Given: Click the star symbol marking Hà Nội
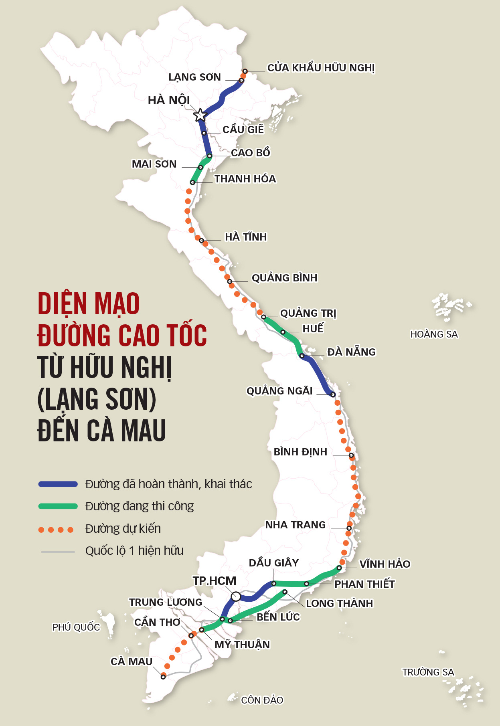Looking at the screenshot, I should click(x=200, y=115).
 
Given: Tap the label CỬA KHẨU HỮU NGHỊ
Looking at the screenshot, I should click(x=321, y=68).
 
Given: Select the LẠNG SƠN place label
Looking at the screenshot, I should click(x=194, y=77).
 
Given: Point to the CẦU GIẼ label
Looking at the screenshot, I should click(x=243, y=129).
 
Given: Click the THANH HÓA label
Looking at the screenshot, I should click(x=245, y=179).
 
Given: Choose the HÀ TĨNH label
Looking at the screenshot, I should click(x=246, y=237).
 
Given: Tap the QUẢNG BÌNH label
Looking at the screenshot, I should click(x=284, y=278).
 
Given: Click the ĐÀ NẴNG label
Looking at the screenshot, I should click(x=351, y=352).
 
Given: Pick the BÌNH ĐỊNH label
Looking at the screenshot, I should click(x=300, y=452).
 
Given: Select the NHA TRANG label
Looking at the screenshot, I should click(x=296, y=525).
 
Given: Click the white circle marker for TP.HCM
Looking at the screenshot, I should click(x=236, y=596).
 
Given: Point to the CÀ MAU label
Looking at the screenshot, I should click(x=132, y=661).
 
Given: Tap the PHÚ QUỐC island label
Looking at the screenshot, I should click(x=76, y=627).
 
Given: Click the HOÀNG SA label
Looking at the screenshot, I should click(x=434, y=334).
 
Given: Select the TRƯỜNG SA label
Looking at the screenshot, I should click(x=428, y=672).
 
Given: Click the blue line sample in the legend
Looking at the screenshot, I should click(x=58, y=484).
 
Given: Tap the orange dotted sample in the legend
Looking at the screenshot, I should click(x=56, y=530).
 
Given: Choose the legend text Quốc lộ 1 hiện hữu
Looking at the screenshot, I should click(x=134, y=551).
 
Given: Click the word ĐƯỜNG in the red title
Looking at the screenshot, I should click(x=74, y=336).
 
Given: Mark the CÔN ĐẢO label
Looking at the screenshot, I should click(x=262, y=700).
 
